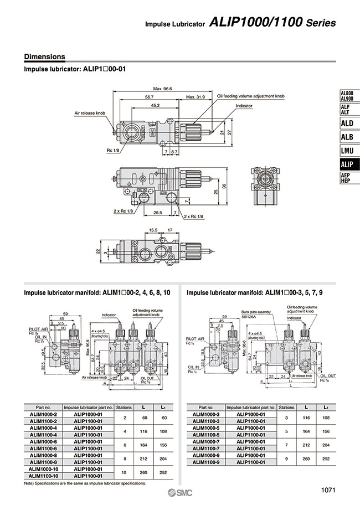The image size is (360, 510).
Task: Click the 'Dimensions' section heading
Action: [44, 56]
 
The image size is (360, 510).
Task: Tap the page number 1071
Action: [328, 490]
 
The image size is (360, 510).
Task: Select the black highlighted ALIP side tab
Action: [346, 164]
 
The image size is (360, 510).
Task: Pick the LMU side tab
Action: [346, 150]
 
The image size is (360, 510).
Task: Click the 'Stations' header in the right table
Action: [286, 406]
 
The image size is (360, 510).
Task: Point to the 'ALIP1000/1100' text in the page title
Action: [256, 23]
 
